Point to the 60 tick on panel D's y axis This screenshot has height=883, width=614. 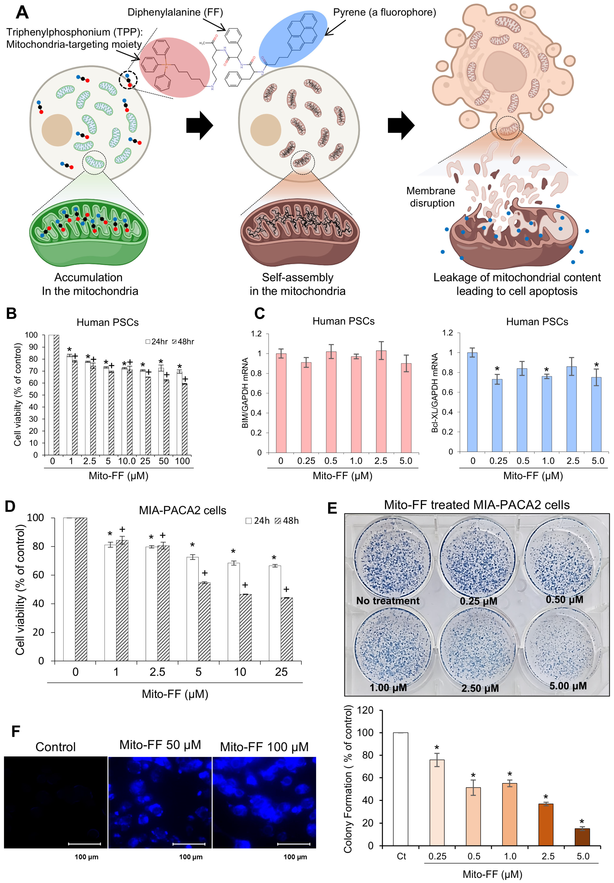(x=38, y=575)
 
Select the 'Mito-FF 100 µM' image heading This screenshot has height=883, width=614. (x=264, y=747)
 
